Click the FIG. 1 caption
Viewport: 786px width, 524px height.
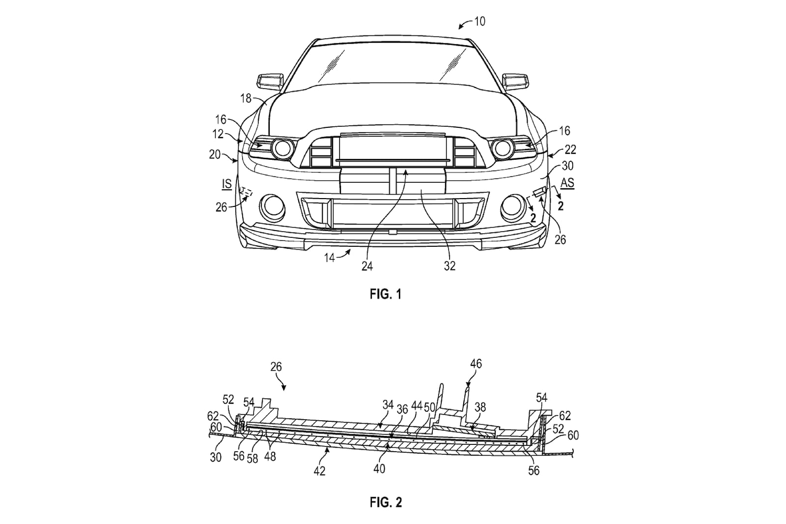pyautogui.click(x=385, y=294)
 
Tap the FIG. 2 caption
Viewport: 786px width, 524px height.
pyautogui.click(x=385, y=502)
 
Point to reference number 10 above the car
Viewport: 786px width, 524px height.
pyautogui.click(x=479, y=22)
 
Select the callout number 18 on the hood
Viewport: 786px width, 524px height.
pyautogui.click(x=246, y=98)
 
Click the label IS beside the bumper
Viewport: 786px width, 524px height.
pyautogui.click(x=226, y=184)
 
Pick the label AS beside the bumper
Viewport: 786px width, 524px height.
pyautogui.click(x=567, y=183)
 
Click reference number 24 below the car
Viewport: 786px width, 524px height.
pyautogui.click(x=367, y=266)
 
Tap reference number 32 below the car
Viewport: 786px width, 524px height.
pyautogui.click(x=449, y=266)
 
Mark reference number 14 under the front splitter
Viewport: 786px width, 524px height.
pyautogui.click(x=329, y=257)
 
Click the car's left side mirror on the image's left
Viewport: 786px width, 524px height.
pyautogui.click(x=270, y=81)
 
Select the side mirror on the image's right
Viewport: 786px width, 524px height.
pyautogui.click(x=516, y=81)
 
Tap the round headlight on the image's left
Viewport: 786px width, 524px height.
pyautogui.click(x=282, y=148)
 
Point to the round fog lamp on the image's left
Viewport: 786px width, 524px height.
pyautogui.click(x=272, y=207)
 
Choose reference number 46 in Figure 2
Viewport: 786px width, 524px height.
pyautogui.click(x=476, y=364)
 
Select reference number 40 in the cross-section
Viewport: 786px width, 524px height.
pyautogui.click(x=379, y=468)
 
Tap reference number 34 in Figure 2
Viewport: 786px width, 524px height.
pyautogui.click(x=388, y=405)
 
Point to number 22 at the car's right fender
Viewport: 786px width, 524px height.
pyautogui.click(x=569, y=149)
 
